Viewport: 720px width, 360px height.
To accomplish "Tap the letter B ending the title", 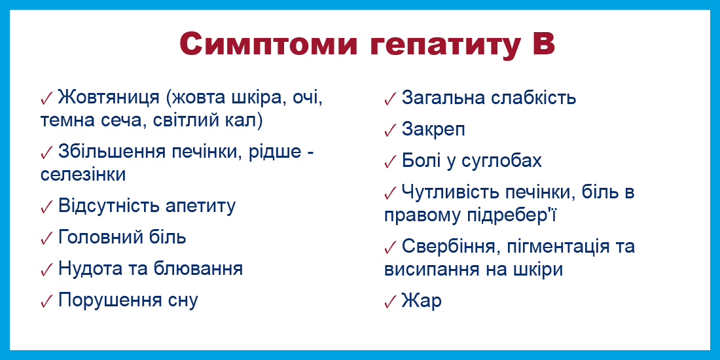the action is (544, 45).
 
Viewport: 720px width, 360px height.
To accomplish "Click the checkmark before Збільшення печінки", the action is (47, 153).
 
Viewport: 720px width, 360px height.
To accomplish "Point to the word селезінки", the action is (83, 175).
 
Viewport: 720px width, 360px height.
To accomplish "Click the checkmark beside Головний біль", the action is (47, 238).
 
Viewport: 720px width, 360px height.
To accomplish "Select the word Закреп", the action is (433, 130).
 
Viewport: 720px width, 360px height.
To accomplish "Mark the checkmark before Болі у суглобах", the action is (390, 162).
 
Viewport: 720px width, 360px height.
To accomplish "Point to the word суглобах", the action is (501, 162).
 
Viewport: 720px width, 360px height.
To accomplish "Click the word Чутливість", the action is (451, 192).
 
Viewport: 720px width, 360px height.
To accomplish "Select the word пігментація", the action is (559, 247).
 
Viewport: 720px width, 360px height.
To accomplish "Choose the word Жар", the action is (422, 301).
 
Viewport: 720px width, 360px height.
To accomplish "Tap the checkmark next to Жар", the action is (390, 302).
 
